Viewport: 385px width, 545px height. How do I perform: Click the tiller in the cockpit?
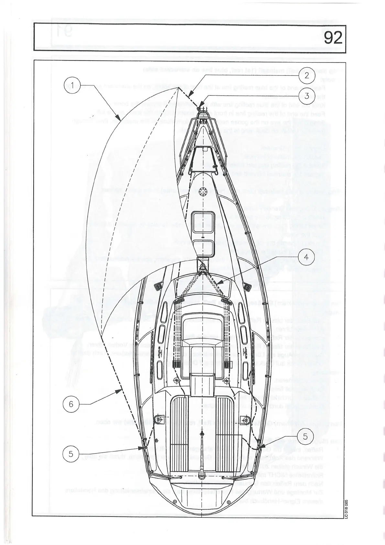tap(202, 453)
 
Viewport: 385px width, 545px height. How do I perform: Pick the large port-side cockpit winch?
tap(159, 419)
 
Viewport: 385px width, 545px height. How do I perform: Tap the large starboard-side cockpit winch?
tap(245, 419)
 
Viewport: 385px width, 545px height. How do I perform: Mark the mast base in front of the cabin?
tap(203, 266)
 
